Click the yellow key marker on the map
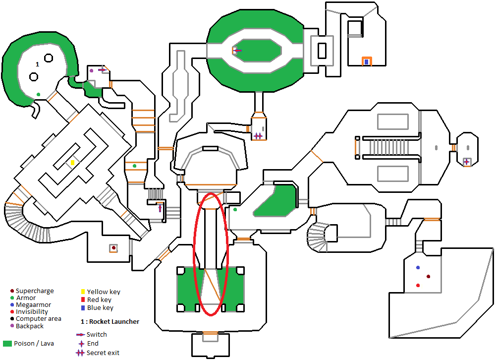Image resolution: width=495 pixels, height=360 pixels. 72,163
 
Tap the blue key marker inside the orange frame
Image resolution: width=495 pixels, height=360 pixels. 366,61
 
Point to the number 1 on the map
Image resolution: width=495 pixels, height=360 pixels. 37,64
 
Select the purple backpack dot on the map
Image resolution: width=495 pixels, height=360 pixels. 91,71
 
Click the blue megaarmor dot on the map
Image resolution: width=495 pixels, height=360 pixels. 418,268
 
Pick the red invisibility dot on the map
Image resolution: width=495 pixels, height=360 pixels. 418,285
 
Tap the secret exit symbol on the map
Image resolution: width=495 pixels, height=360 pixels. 258,136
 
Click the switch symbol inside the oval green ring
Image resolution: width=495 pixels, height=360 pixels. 237,50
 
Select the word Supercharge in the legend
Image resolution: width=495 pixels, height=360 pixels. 35,291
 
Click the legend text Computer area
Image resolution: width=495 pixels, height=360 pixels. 39,319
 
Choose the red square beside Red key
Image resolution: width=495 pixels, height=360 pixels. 83,300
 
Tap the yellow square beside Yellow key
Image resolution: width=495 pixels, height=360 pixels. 83,292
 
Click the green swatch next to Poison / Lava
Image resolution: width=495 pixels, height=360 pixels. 7,344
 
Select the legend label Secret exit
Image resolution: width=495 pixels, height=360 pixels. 103,353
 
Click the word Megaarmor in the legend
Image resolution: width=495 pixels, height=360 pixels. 33,305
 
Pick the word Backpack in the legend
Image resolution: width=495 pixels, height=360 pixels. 30,326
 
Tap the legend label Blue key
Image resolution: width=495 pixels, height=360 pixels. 100,308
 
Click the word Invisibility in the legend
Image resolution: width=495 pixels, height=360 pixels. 32,312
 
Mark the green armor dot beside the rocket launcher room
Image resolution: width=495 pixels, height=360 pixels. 38,94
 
